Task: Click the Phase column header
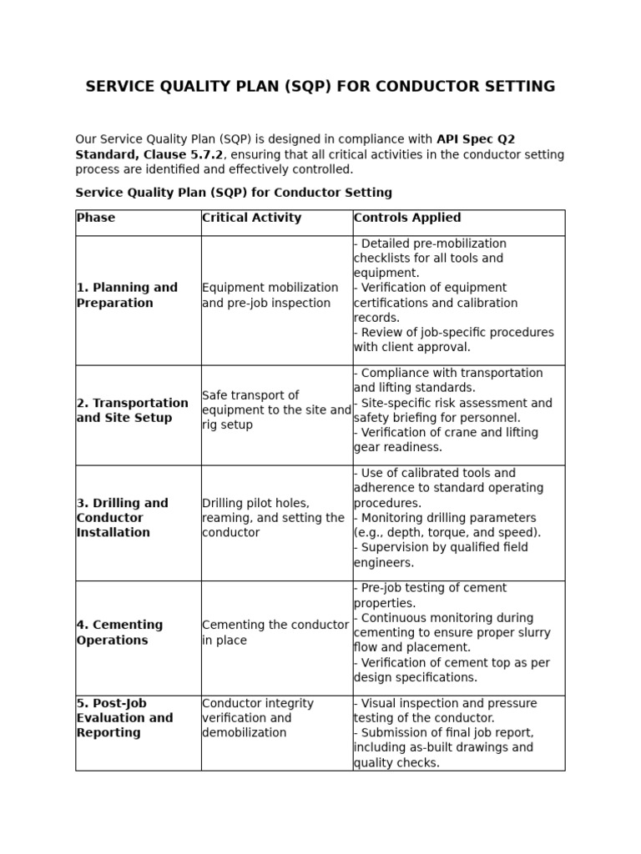pos(96,218)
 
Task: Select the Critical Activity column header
pos(251,218)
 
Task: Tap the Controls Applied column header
pos(406,218)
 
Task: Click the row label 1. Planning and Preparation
pos(127,295)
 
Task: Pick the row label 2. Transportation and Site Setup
pos(132,410)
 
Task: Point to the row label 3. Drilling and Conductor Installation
pos(122,518)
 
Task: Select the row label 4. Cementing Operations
pos(119,633)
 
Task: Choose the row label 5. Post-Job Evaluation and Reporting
pos(124,718)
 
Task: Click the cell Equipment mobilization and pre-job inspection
pos(270,295)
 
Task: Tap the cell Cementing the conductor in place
pos(275,633)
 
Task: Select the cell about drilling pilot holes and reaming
pos(272,518)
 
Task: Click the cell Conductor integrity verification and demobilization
pos(258,718)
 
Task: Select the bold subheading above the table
pos(233,193)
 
